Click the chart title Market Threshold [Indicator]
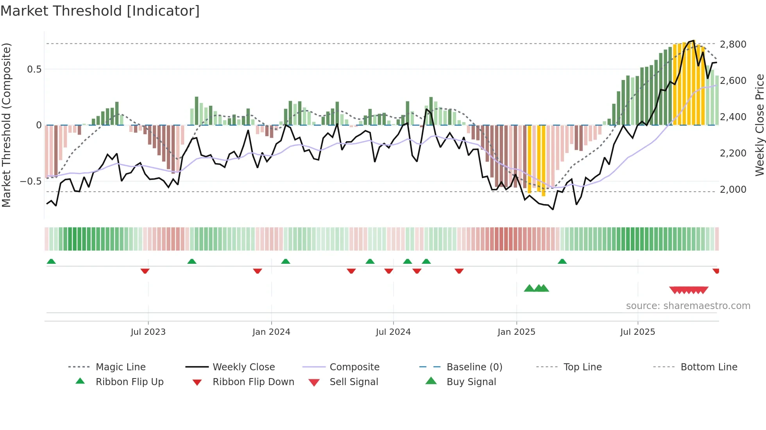[100, 11]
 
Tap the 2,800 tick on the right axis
[733, 44]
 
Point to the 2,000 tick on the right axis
[733, 190]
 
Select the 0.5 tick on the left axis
[34, 69]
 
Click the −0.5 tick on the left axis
[30, 181]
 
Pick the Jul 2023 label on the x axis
[148, 332]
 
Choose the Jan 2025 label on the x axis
[516, 332]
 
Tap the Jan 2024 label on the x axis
[271, 332]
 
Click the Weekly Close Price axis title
[759, 125]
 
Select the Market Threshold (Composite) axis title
[7, 125]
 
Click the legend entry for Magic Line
[120, 367]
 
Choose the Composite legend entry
[354, 367]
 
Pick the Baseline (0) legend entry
[474, 367]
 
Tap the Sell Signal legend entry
[353, 382]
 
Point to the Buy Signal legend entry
[471, 382]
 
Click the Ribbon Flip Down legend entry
[253, 382]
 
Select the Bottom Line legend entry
[709, 367]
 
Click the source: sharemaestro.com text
[688, 306]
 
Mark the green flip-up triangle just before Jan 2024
[286, 261]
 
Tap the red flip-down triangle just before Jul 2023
[145, 271]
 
